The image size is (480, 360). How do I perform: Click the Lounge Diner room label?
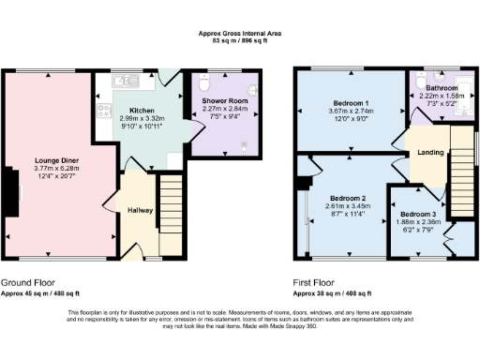pos(56,160)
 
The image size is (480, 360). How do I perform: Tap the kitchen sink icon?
pos(119,82)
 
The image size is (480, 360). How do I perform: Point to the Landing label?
pos(430,153)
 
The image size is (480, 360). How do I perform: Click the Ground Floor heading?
pos(27,281)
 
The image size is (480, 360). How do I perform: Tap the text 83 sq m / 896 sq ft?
pos(240,41)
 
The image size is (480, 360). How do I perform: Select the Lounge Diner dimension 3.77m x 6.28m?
pos(56,169)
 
